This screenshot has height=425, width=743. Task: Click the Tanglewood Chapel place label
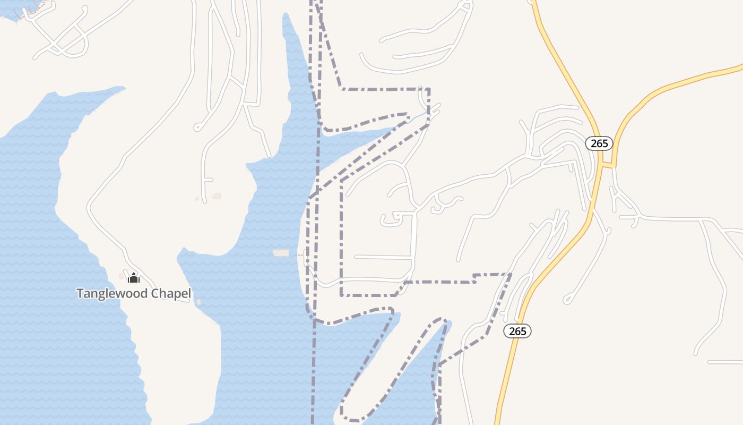[134, 293]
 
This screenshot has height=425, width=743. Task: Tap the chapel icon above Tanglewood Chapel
[134, 278]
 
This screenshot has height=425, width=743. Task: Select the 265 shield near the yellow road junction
[599, 143]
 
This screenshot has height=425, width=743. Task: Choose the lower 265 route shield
[517, 331]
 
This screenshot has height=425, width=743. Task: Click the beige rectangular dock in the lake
[281, 253]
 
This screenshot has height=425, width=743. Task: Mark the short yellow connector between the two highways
[608, 165]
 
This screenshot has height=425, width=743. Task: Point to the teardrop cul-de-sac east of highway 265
[568, 299]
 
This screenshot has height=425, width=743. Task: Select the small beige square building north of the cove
[217, 196]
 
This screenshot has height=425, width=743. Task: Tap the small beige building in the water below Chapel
[199, 302]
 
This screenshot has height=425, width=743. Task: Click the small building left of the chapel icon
[122, 275]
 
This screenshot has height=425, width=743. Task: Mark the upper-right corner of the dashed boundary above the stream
[428, 89]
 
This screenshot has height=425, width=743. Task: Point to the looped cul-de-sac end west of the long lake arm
[197, 127]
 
